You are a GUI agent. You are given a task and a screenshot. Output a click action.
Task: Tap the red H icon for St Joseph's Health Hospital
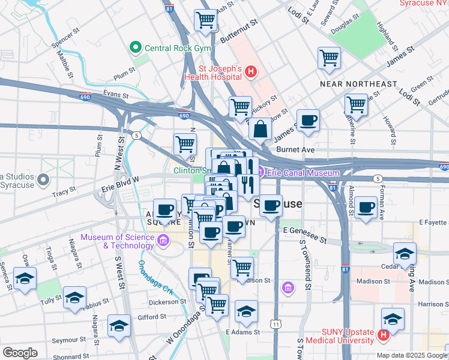252,73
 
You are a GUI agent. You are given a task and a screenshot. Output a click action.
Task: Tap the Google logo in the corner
20,353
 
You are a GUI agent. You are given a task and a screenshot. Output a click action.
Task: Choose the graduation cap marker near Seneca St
25,278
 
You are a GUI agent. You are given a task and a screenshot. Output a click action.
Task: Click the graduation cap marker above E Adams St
246,311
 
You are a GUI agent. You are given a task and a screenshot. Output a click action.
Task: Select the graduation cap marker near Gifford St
119,325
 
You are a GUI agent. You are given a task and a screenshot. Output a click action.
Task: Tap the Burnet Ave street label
295,149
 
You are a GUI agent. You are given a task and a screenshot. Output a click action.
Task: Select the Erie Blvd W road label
119,179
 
